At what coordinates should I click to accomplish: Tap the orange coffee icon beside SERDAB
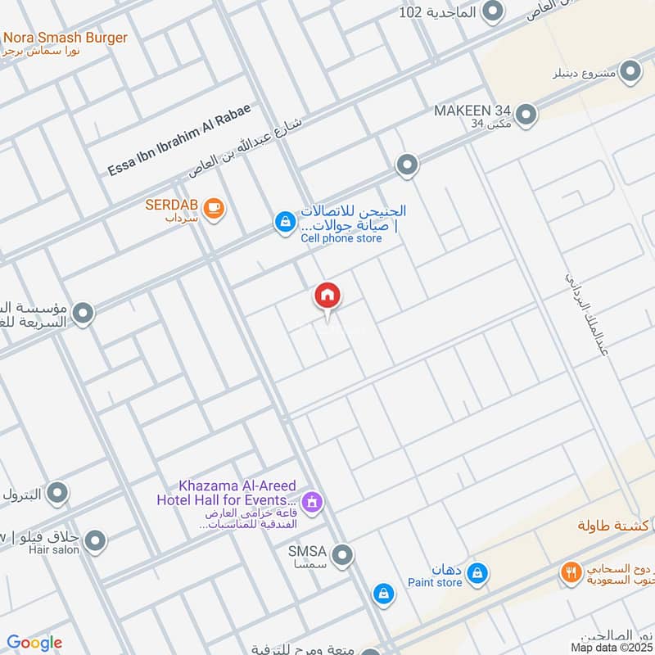click(x=214, y=209)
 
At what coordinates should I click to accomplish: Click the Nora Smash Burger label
click(x=65, y=38)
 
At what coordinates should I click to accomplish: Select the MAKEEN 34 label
click(x=473, y=110)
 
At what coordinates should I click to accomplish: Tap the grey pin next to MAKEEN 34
click(x=526, y=115)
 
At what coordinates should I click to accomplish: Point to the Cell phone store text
click(x=341, y=238)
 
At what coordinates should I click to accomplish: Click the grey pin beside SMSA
click(x=343, y=555)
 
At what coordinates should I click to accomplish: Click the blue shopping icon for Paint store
click(x=478, y=575)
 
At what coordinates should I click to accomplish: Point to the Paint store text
click(x=435, y=583)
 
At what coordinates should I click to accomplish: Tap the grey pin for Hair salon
click(x=96, y=540)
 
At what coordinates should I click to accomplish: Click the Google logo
click(x=34, y=643)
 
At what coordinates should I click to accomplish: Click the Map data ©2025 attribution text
click(x=612, y=647)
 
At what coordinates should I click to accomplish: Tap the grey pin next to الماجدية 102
click(x=492, y=11)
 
